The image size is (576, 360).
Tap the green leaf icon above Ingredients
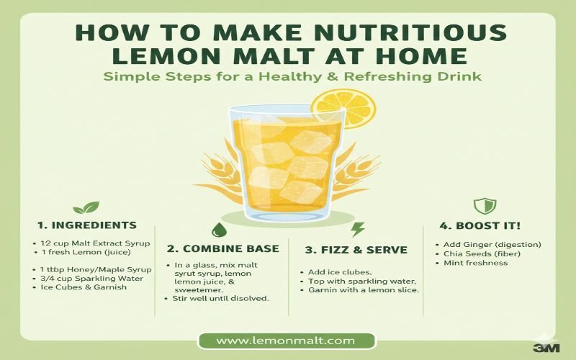86,207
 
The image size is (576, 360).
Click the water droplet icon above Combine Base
220,230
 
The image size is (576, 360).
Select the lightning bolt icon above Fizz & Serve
357,230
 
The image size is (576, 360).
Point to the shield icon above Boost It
485,206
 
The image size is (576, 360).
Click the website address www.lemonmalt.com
286,341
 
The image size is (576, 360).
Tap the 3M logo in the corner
546,348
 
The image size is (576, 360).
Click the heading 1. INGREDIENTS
87,225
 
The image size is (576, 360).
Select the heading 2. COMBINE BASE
223,248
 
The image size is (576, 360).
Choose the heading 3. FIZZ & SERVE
356,250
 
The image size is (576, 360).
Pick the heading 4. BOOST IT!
480,225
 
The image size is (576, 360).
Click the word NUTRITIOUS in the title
410,33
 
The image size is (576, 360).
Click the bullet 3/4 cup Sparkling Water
91,279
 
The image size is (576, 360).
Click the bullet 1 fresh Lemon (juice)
86,253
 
